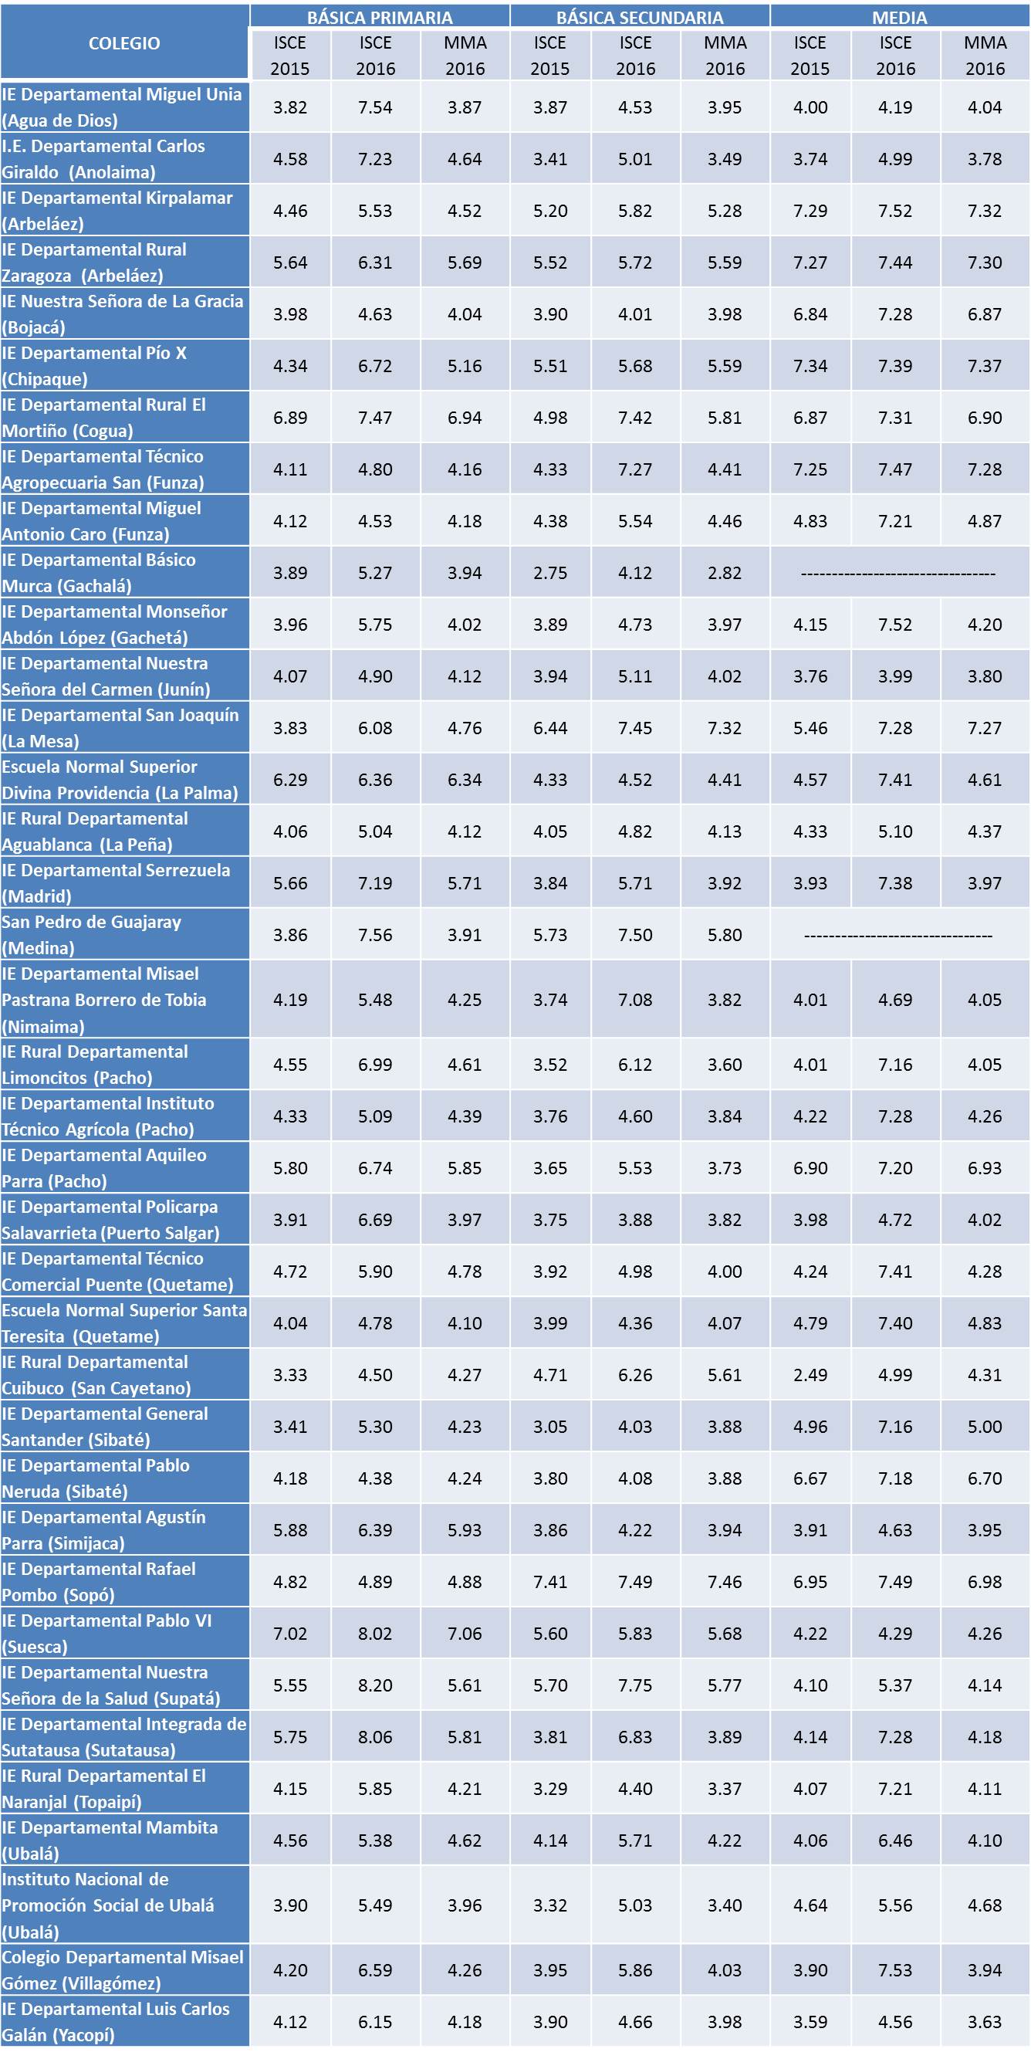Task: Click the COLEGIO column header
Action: [x=124, y=43]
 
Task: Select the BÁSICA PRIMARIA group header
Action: [x=380, y=17]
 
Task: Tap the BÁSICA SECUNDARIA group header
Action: [x=640, y=17]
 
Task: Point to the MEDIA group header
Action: [x=899, y=17]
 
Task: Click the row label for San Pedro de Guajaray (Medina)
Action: [x=124, y=934]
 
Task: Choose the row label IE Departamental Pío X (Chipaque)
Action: [x=124, y=365]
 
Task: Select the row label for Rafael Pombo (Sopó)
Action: [x=124, y=1582]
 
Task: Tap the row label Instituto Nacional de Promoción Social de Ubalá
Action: [x=124, y=1905]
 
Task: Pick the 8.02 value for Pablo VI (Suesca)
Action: [x=375, y=1634]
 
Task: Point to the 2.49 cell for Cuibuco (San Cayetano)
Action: [x=810, y=1375]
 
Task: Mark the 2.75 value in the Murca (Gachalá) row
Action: [x=550, y=573]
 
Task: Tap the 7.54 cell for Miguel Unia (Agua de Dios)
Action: [x=375, y=107]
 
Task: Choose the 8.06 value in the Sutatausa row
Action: [x=375, y=1738]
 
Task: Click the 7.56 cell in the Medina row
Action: [x=375, y=935]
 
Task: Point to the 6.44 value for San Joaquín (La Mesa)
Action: [x=550, y=728]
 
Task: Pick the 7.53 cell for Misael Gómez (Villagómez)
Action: [x=895, y=1970]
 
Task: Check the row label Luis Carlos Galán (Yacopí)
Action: [x=124, y=2021]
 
